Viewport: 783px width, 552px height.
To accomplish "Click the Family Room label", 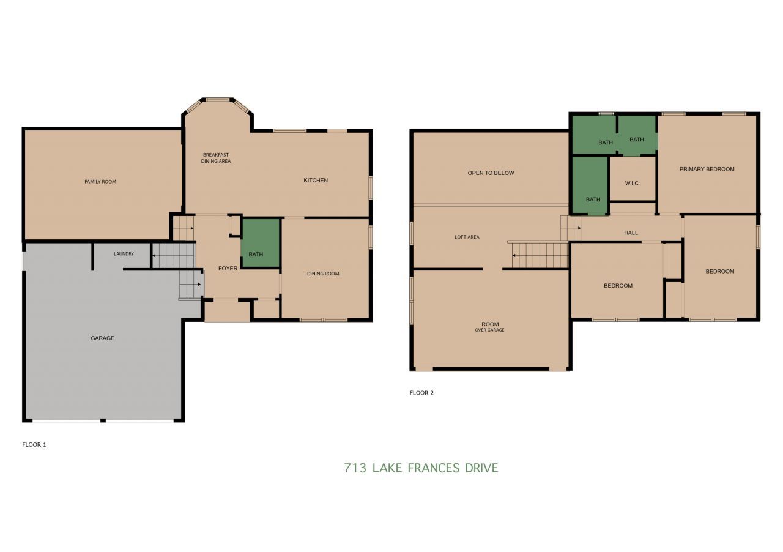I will point(100,182).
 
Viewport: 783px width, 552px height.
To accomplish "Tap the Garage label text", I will point(102,338).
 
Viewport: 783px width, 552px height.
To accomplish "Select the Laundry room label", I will point(124,254).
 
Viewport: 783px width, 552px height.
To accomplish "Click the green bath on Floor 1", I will point(261,243).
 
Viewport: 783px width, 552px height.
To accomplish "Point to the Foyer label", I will point(228,269).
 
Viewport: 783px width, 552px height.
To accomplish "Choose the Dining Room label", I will point(323,274).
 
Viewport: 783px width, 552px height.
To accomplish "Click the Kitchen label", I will point(316,181).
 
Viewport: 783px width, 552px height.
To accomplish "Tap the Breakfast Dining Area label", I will point(216,158).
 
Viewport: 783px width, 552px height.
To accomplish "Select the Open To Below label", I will point(491,173).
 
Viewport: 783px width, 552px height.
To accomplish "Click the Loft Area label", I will point(467,237).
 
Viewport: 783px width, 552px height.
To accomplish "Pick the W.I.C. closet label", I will point(632,183).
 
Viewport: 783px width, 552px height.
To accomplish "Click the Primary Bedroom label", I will point(707,169).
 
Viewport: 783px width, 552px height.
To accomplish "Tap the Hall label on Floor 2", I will point(631,233).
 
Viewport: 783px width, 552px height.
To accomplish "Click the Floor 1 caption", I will point(34,445).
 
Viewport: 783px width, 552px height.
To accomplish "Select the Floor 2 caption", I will point(421,393).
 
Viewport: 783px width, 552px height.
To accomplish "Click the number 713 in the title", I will point(355,468).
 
